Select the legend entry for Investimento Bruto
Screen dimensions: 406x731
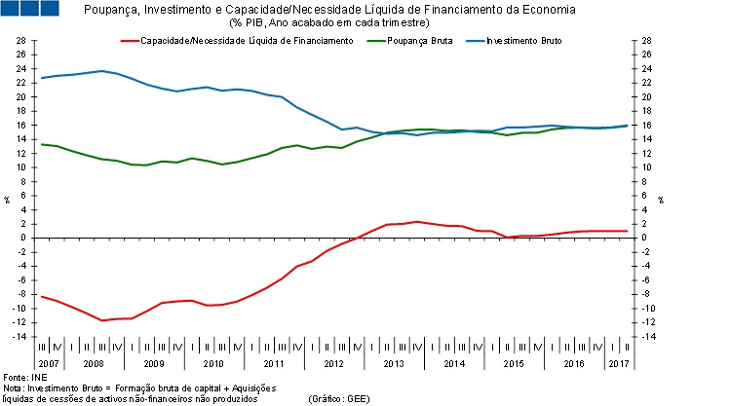[x=522, y=41]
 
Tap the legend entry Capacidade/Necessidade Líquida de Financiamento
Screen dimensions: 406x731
[x=247, y=41]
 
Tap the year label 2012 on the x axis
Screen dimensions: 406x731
[x=333, y=362]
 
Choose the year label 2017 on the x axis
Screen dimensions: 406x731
[x=618, y=362]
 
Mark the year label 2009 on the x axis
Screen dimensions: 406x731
[x=154, y=362]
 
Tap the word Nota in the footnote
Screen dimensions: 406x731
[x=14, y=388]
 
